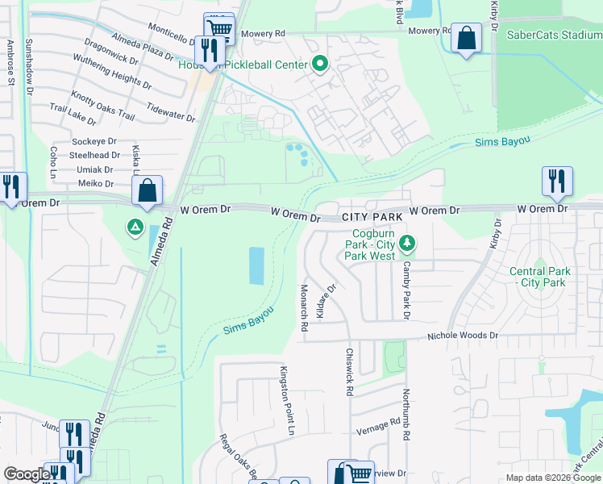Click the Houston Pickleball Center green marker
[320, 64]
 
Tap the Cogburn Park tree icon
[408, 242]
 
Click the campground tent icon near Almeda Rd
[135, 228]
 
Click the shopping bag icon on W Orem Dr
[148, 192]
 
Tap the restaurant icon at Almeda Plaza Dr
[210, 51]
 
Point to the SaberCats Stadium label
[554, 35]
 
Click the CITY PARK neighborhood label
[372, 218]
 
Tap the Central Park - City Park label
[540, 277]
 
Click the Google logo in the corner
[27, 474]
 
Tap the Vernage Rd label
[384, 423]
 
